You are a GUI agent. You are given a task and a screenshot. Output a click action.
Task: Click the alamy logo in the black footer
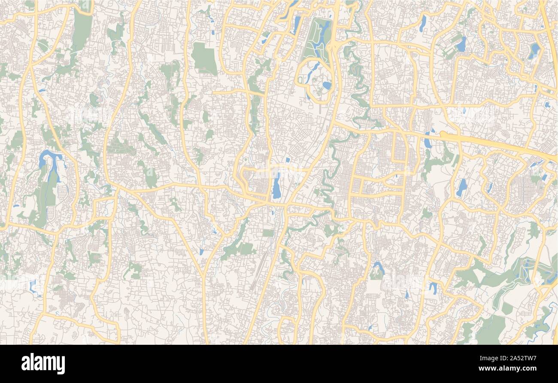click(43, 363)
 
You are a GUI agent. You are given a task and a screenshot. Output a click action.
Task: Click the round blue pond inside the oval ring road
click(327, 85)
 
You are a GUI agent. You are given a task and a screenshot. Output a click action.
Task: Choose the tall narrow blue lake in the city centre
click(277, 185)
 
